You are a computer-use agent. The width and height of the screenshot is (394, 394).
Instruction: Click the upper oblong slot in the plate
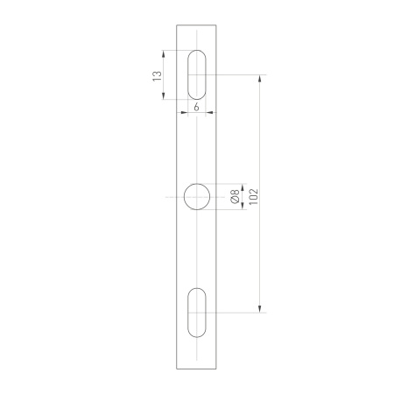[197, 75]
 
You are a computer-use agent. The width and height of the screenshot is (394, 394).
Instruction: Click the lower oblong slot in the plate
[197, 311]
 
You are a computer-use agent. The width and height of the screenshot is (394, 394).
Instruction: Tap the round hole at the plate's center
[197, 197]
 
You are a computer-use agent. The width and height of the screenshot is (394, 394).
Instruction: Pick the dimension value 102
[252, 195]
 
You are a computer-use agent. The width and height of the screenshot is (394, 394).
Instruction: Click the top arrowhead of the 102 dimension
[259, 80]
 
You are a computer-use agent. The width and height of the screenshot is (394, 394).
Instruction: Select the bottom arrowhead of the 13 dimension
[165, 97]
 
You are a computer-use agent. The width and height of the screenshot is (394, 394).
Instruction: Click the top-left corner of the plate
[176, 25]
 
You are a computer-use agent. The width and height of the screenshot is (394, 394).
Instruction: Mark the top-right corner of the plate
[219, 25]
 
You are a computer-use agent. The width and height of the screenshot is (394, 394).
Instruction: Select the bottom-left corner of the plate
[176, 369]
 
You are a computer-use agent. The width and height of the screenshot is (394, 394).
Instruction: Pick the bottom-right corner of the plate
[219, 369]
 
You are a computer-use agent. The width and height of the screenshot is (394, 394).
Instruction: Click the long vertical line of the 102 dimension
[259, 140]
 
